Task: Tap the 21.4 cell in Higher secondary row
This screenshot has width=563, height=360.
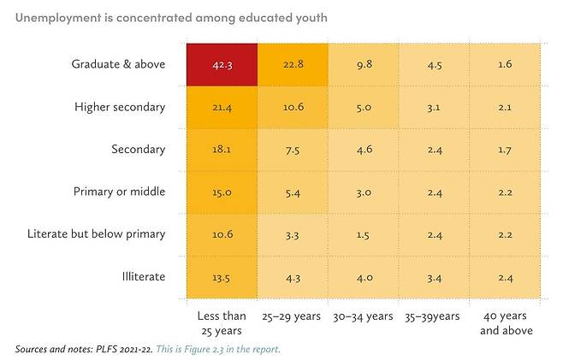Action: (222, 106)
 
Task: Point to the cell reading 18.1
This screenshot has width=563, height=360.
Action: (222, 149)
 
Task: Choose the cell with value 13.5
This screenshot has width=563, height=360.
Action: (222, 277)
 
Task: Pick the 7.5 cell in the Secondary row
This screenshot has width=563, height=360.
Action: (292, 149)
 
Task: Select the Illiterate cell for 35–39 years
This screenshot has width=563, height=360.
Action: (434, 277)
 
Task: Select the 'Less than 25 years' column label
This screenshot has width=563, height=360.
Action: (222, 323)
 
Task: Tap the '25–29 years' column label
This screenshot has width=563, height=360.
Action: (292, 316)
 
